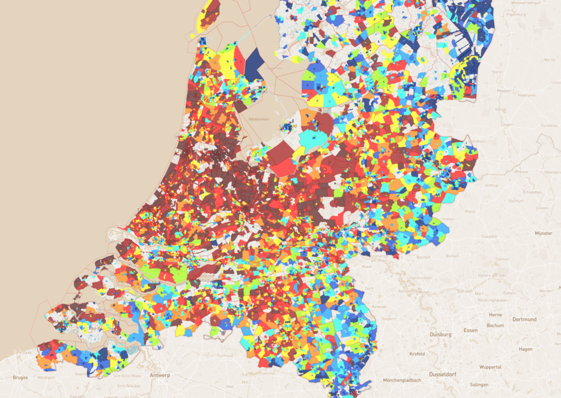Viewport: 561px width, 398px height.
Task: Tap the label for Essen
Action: [x=470, y=331]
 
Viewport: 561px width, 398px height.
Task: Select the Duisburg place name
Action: [x=440, y=334]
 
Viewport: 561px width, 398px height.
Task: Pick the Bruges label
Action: [x=20, y=377]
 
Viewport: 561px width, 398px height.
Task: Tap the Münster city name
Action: [x=543, y=233]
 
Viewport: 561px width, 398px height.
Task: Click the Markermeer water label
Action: [x=259, y=119]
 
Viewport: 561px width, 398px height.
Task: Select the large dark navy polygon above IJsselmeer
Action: [x=253, y=64]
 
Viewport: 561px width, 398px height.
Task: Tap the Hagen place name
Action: [x=525, y=349]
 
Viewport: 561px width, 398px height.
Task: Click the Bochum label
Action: [x=495, y=325]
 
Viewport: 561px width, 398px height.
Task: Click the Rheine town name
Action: [x=520, y=171]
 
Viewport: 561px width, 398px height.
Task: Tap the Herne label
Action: [x=495, y=315]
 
